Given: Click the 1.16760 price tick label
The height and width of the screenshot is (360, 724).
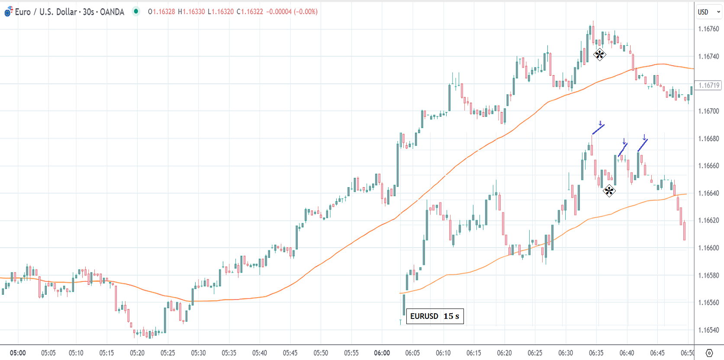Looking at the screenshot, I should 708,29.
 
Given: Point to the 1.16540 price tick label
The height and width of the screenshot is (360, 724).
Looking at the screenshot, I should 708,330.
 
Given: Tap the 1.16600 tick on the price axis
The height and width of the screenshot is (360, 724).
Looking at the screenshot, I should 708,248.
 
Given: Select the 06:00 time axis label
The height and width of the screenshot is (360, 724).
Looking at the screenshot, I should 382,353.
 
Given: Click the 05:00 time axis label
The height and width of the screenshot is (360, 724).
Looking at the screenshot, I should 18,353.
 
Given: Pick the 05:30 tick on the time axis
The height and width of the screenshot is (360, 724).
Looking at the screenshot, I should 198,353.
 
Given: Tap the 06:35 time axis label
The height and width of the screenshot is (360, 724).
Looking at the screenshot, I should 596,353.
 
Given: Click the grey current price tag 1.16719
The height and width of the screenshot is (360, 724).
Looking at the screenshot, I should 709,85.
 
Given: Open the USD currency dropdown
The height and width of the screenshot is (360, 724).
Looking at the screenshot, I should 709,12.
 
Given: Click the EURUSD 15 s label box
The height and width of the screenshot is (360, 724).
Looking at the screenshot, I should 434,316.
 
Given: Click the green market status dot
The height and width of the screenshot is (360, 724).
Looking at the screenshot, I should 136,11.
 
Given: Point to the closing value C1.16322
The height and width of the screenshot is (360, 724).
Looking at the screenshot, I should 250,12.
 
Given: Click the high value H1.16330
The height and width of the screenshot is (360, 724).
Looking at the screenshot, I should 191,12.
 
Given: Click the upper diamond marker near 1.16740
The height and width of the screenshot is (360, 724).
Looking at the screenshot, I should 599,55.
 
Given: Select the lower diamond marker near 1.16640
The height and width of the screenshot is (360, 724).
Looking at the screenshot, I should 609,190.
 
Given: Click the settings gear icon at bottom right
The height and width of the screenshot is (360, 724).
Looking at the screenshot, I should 709,353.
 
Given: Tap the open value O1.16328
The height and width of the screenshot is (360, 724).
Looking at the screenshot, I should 161,12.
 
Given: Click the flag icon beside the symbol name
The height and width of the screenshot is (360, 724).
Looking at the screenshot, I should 8,12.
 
